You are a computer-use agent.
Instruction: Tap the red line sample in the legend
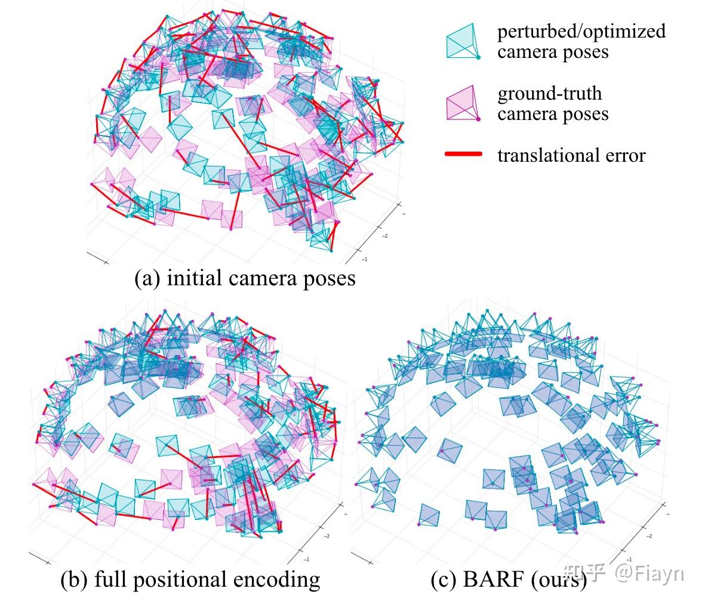(463, 155)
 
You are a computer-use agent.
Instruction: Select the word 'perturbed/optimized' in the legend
(581, 31)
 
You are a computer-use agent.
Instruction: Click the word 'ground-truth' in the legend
(549, 93)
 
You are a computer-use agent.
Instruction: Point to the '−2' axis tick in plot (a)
(384, 236)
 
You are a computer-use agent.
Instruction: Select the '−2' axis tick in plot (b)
(327, 536)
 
